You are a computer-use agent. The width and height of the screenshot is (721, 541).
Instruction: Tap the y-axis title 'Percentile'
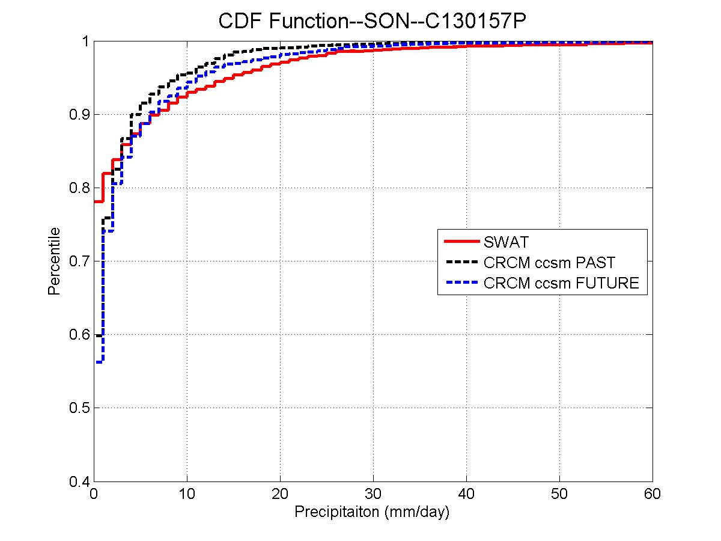(53, 261)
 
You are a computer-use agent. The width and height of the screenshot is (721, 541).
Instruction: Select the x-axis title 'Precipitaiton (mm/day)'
(372, 513)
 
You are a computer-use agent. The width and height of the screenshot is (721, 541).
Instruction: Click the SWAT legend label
(505, 243)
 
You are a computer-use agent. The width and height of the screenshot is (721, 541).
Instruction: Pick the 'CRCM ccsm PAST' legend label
(549, 263)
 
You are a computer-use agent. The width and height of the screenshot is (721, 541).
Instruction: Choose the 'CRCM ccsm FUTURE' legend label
(561, 283)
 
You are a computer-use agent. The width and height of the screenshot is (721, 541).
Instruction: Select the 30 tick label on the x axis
(373, 494)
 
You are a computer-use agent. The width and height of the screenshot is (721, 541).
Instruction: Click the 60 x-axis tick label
(653, 494)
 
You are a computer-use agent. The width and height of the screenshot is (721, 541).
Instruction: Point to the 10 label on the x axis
(187, 494)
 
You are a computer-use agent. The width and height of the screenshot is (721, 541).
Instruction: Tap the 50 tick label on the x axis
(559, 494)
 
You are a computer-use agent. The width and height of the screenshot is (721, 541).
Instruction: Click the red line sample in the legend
(461, 243)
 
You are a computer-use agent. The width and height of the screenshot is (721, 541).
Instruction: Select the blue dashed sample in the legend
(461, 283)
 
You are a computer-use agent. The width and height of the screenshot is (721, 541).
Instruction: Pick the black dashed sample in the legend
(461, 263)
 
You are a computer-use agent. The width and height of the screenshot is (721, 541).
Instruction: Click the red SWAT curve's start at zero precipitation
(96, 201)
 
